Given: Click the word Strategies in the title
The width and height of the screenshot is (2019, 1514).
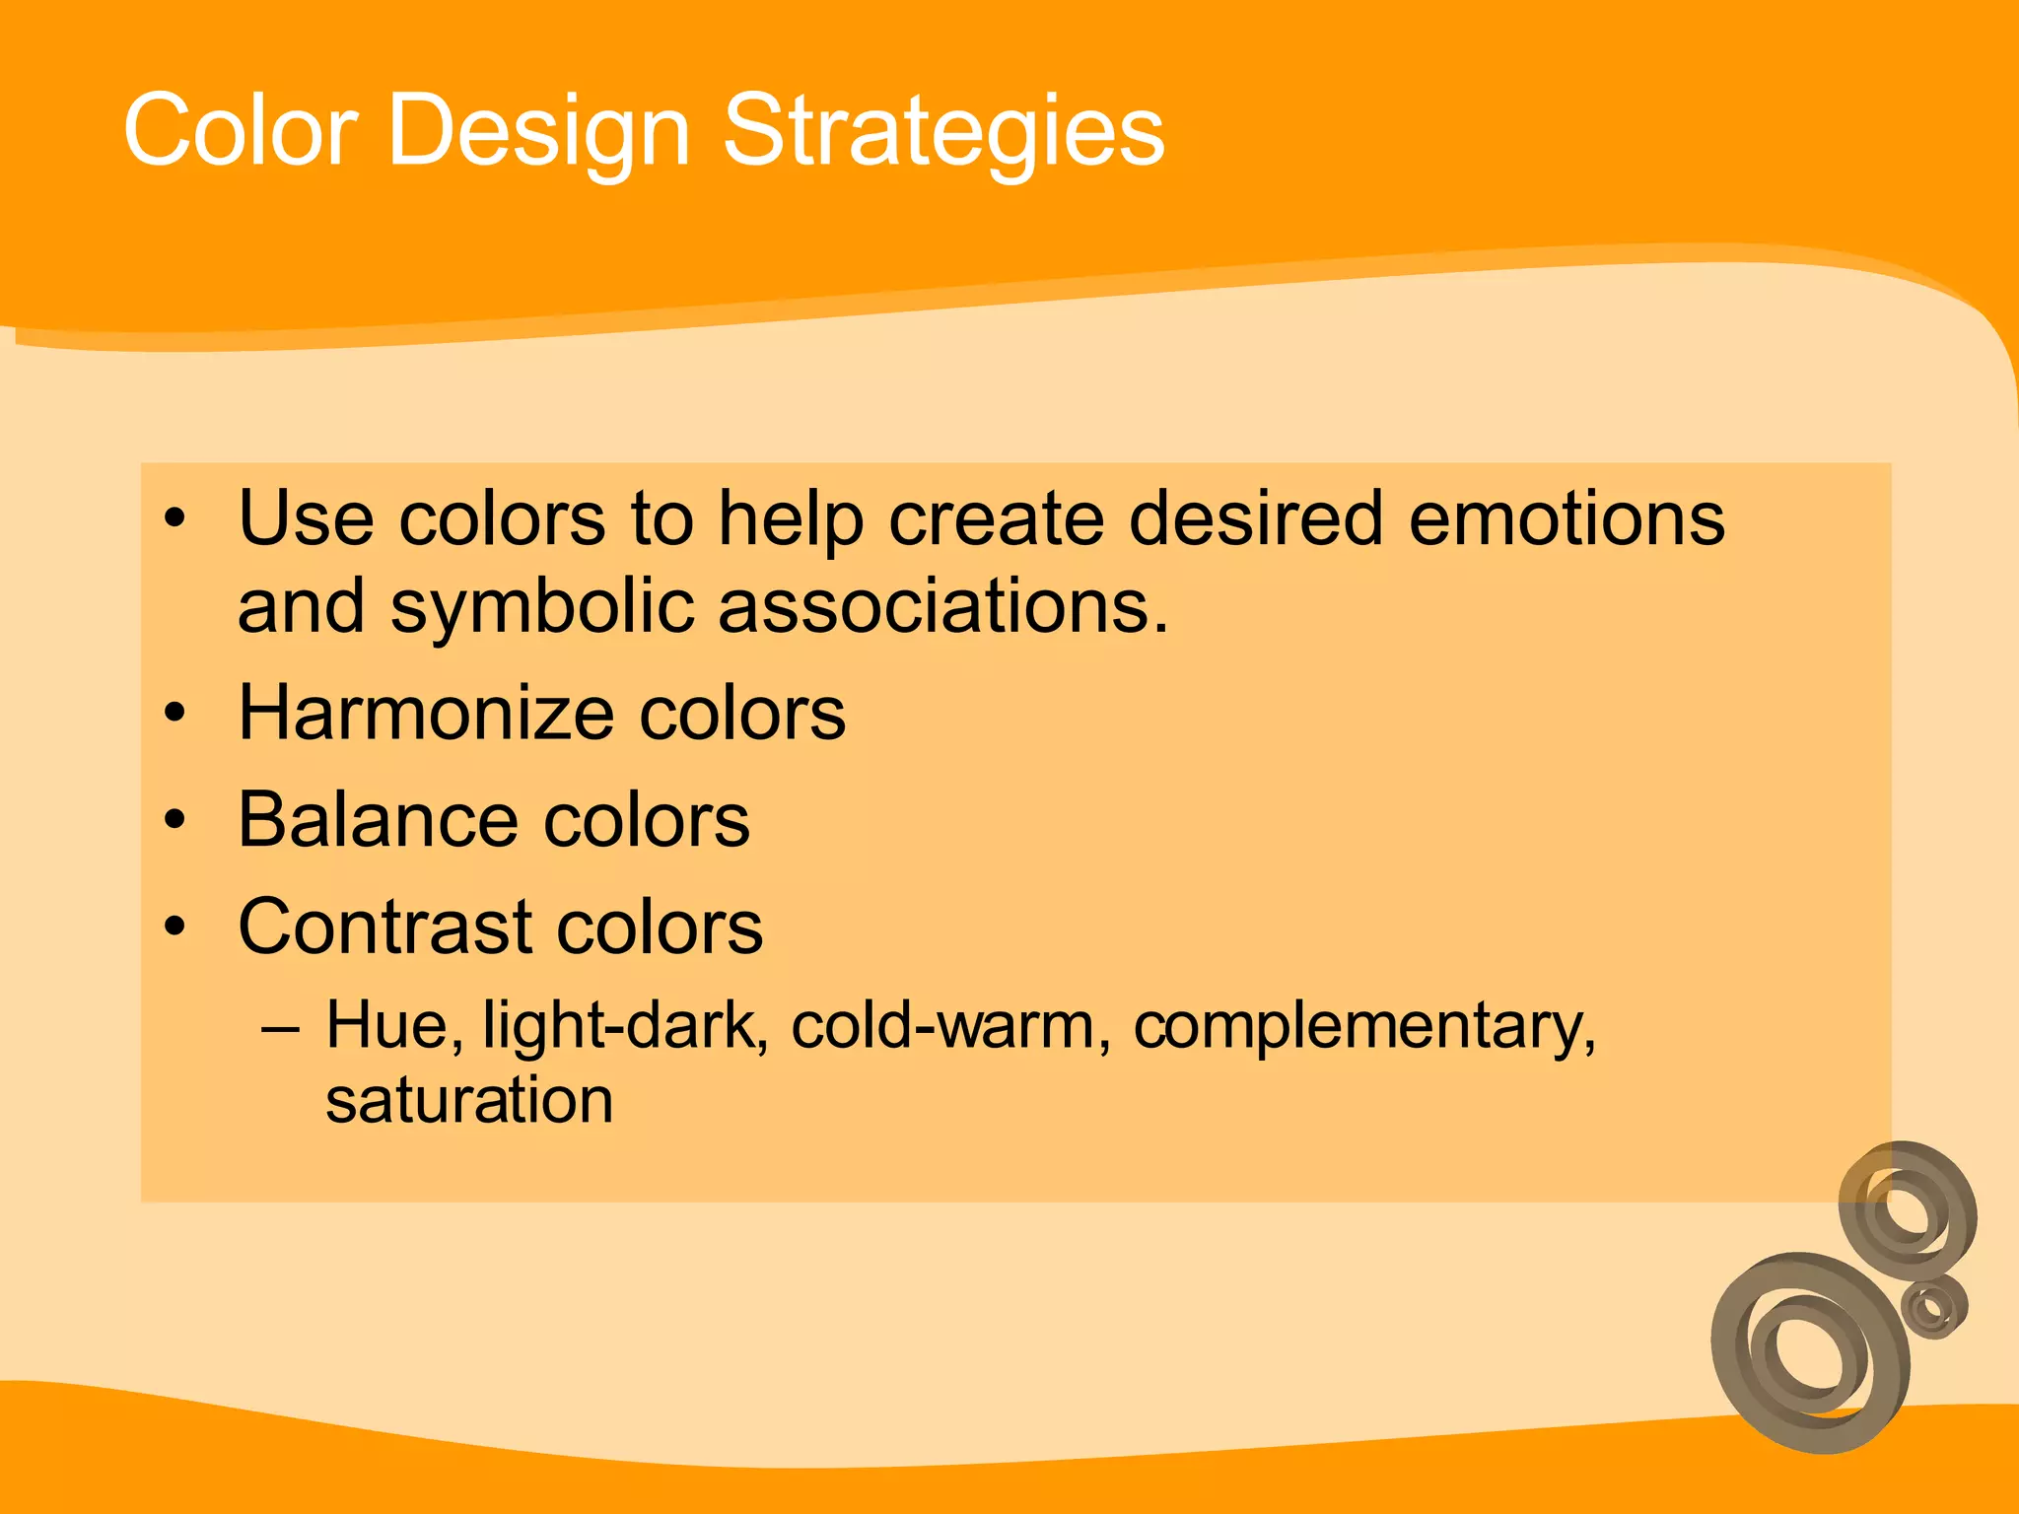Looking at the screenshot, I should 943,131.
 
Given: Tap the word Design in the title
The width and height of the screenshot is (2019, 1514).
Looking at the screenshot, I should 538,131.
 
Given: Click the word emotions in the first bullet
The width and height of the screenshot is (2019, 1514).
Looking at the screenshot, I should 1566,518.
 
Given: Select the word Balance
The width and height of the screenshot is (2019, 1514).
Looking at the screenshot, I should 379,820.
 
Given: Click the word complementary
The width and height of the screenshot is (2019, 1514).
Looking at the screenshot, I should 1363,1027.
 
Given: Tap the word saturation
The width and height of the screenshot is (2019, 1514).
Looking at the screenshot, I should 469,1100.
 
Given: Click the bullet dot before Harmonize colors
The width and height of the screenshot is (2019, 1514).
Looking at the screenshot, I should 175,713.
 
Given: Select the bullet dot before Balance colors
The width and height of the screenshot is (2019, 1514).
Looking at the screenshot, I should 175,820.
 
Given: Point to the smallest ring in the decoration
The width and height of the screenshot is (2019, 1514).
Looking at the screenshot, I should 1934,1307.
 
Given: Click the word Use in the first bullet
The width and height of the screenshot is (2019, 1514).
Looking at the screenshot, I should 305,518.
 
